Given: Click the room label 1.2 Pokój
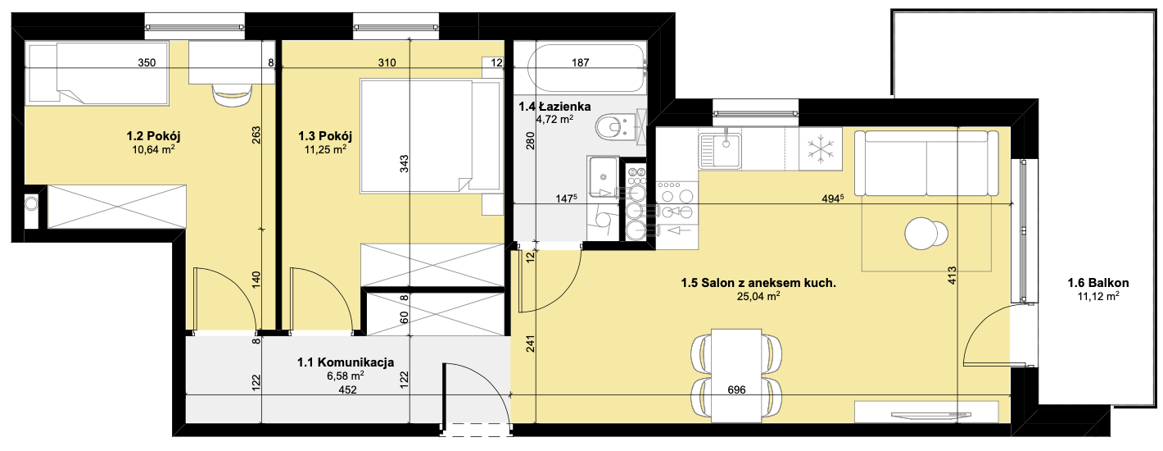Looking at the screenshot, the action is tap(153, 136).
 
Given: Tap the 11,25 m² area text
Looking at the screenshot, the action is tap(325, 149).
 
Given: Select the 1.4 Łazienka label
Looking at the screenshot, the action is tap(554, 107).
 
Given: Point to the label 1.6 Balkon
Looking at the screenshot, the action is tap(1098, 283).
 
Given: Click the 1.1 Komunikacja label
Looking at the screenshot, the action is tap(346, 362).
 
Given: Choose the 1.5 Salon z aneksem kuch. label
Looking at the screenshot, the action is tap(758, 283).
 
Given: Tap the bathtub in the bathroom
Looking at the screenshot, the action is tap(586, 69).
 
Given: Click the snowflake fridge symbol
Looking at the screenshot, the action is tap(821, 149).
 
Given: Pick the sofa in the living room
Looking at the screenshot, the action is tap(927, 163).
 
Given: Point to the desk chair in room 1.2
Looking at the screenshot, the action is tap(232, 95).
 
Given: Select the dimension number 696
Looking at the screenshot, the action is tap(737, 389).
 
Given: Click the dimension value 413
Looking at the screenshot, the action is tap(952, 276).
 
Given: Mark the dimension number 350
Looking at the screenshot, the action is tap(147, 62).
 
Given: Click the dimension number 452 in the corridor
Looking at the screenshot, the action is tap(347, 389).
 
